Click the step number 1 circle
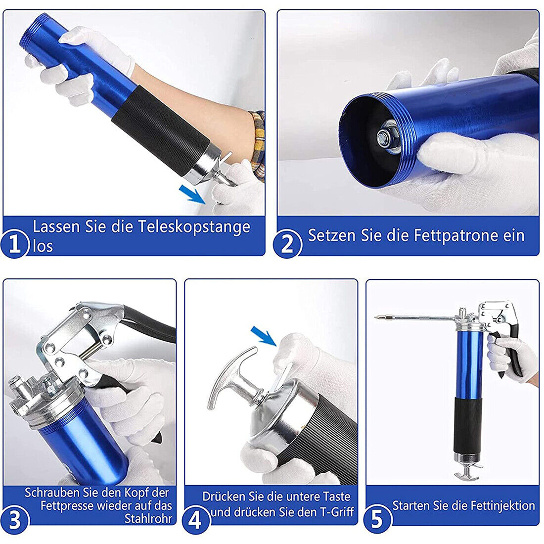(14, 243)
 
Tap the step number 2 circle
(287, 243)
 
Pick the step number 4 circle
(196, 520)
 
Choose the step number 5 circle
(377, 520)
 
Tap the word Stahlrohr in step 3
(148, 519)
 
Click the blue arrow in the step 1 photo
(192, 194)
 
